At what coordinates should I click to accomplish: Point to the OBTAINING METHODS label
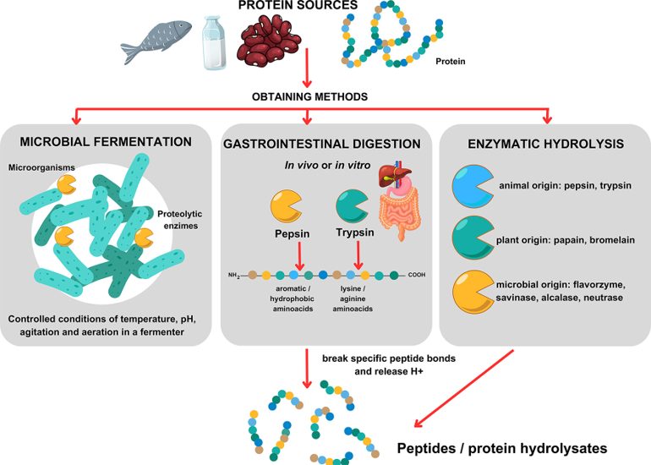[x=308, y=96]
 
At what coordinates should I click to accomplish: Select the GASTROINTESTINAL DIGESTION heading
[x=322, y=145]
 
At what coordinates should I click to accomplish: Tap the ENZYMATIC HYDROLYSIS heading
[x=545, y=145]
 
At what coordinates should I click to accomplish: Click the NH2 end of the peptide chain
[x=234, y=275]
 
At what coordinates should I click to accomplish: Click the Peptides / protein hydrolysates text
[x=502, y=448]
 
